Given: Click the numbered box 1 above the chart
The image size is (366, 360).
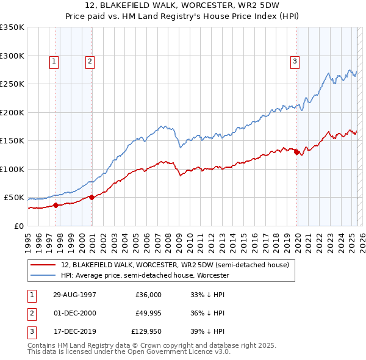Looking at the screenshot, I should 54,61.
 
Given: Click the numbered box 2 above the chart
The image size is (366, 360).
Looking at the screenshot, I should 90,61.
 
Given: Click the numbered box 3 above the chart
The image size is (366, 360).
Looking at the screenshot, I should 295,61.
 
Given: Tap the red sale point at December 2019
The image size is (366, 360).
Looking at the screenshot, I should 297,153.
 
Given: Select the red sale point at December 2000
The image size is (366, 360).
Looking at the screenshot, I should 92,197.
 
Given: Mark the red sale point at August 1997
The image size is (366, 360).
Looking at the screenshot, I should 56,205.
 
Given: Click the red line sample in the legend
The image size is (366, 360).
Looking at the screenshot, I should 44,265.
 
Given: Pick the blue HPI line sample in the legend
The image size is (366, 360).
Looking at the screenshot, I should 44,275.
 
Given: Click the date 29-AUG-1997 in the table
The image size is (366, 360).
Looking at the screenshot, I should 75,294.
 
